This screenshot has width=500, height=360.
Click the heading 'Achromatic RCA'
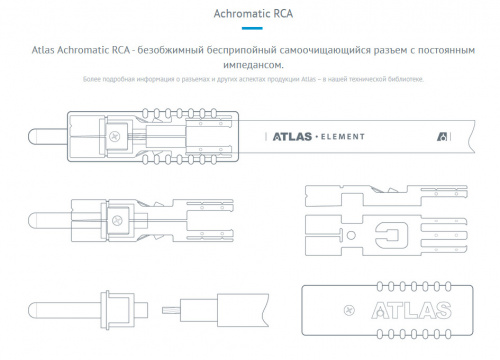[x=249, y=16]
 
